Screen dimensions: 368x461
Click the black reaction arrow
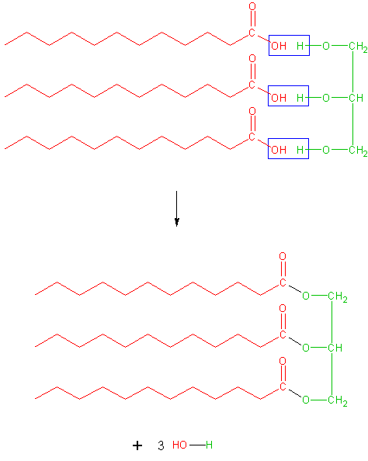click(176, 209)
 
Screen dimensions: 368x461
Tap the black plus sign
click(137, 445)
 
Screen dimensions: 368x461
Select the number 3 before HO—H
click(161, 445)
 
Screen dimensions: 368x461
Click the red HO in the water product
click(179, 445)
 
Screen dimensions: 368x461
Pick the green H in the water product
click(209, 445)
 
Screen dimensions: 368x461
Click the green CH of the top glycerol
click(356, 98)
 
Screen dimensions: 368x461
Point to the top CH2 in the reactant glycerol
click(358, 47)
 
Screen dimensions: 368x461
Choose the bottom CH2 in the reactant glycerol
click(358, 151)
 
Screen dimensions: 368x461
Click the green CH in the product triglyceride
click(335, 348)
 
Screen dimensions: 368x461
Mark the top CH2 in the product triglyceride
click(338, 296)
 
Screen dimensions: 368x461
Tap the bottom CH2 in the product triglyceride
click(338, 400)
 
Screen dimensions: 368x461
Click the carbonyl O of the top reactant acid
click(252, 6)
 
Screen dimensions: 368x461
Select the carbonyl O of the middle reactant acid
click(252, 58)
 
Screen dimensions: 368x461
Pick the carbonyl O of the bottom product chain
click(283, 361)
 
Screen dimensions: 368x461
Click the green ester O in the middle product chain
click(306, 348)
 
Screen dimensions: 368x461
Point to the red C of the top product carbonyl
click(283, 282)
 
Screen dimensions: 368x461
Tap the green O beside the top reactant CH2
click(326, 46)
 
